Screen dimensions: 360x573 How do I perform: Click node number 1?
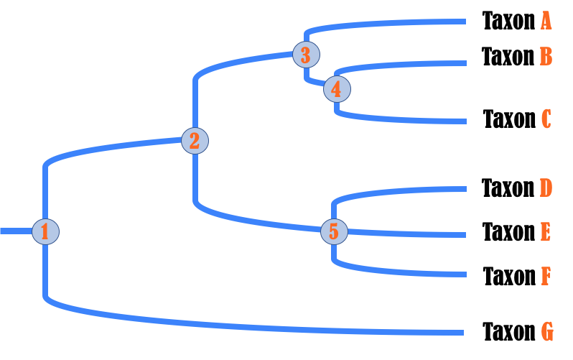pos(45,231)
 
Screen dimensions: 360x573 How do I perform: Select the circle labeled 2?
pos(195,141)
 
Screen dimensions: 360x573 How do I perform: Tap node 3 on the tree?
pos(306,55)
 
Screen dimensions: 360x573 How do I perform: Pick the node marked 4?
pos(337,89)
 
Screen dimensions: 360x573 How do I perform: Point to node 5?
pos(334,231)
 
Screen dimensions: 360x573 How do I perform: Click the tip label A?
pos(546,21)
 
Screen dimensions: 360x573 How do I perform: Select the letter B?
pos(546,56)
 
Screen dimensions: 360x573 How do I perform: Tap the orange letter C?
pos(546,119)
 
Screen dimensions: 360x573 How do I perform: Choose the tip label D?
pos(546,188)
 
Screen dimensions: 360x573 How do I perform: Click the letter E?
pos(546,232)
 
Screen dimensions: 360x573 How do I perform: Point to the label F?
pos(546,275)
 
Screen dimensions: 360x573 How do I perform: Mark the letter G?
pos(546,332)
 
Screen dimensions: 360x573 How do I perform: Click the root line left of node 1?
pos(14,231)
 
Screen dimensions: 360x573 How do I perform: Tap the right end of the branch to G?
pos(461,333)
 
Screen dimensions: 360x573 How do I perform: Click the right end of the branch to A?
pos(464,22)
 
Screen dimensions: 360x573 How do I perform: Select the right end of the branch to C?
pos(464,121)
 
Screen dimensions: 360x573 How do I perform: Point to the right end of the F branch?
pos(464,274)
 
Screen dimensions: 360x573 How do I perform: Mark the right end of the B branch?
pos(464,63)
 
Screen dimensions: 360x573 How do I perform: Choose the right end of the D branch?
pos(464,189)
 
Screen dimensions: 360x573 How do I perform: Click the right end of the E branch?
pos(464,234)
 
